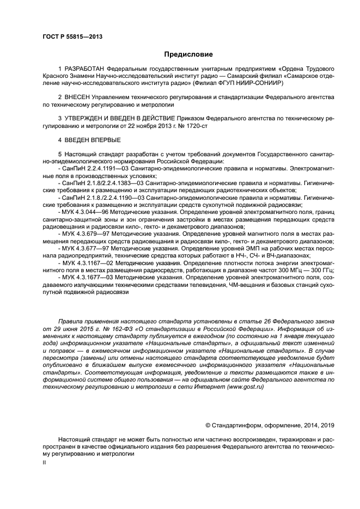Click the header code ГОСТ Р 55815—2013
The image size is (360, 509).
[x=72, y=37]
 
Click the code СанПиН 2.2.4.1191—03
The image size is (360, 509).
[x=95, y=169]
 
